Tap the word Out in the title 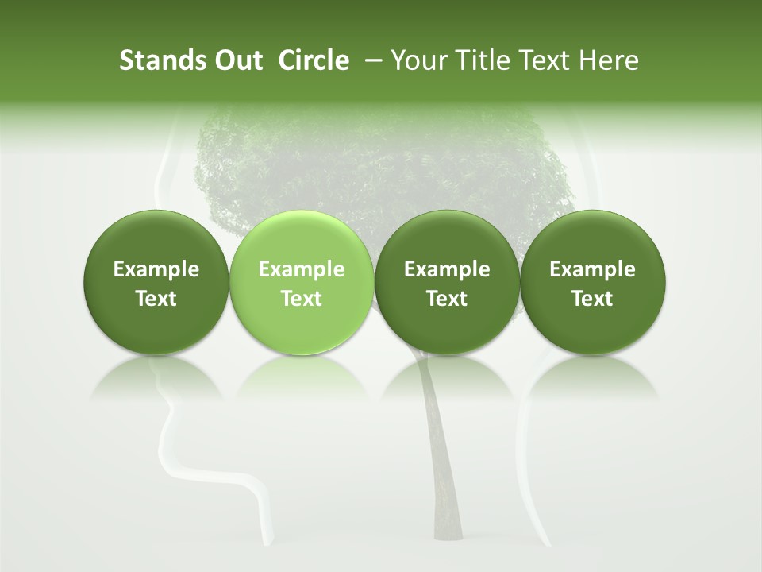[237, 60]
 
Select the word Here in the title [609, 60]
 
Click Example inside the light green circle [302, 269]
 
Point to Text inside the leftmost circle [156, 299]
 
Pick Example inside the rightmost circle [592, 269]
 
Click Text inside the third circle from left [447, 299]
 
